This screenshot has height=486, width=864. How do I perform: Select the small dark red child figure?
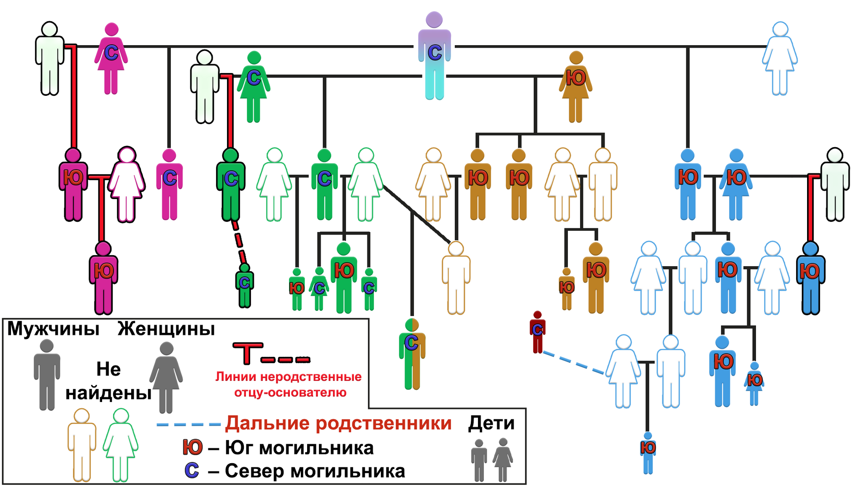coord(537,332)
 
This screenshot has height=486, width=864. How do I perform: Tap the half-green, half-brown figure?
coord(412,354)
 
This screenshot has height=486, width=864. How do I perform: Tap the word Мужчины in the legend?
coord(53,329)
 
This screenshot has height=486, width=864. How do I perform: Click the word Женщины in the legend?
coord(166,329)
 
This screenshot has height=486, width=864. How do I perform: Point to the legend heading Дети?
coord(491,423)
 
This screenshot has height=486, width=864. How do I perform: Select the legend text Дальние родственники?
coord(338,423)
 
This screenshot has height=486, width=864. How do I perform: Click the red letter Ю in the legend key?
coord(192,447)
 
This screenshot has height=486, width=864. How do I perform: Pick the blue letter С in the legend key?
coord(192,471)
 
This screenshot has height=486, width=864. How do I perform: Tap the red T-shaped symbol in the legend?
coord(248,353)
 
